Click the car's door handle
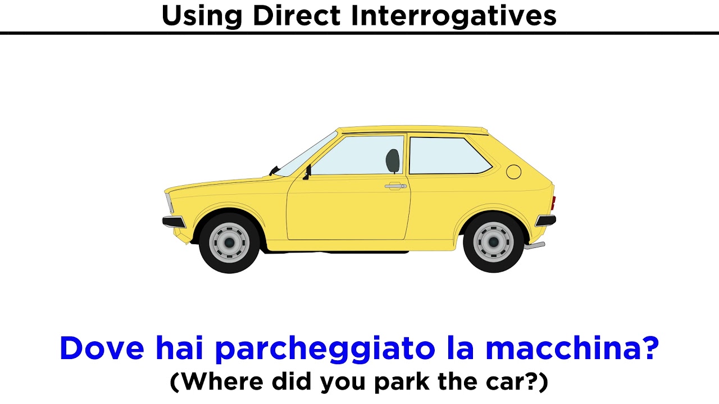(x=395, y=186)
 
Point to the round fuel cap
(x=513, y=171)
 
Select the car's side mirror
(x=307, y=172)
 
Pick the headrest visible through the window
(x=393, y=161)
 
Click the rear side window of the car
(x=447, y=155)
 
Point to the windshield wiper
(x=274, y=170)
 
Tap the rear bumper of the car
(x=545, y=220)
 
